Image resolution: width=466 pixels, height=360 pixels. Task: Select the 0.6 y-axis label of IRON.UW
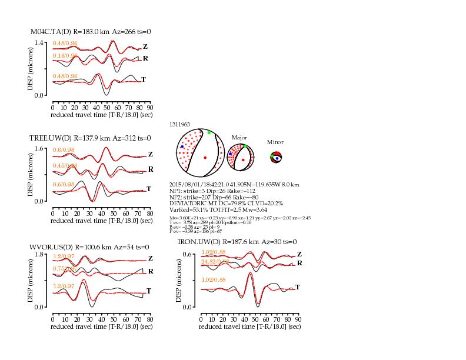click(x=189, y=254)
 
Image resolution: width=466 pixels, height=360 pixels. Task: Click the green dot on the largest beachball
click(x=209, y=133)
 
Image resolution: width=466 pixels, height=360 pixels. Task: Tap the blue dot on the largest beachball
click(x=182, y=146)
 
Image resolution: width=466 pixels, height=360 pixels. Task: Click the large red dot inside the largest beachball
click(x=205, y=158)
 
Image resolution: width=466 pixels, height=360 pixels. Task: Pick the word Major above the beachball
click(x=239, y=137)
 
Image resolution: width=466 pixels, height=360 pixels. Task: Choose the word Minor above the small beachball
click(x=275, y=142)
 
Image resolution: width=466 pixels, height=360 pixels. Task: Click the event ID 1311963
click(x=179, y=125)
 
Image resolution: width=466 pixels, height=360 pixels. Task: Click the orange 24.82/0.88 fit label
click(x=214, y=261)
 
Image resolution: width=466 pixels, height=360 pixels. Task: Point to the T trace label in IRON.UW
click(x=297, y=287)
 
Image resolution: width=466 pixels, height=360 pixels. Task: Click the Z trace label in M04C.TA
click(x=145, y=46)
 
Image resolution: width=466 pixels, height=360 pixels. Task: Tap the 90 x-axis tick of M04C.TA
click(x=149, y=108)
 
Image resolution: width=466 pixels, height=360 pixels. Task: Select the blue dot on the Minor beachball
click(x=277, y=158)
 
